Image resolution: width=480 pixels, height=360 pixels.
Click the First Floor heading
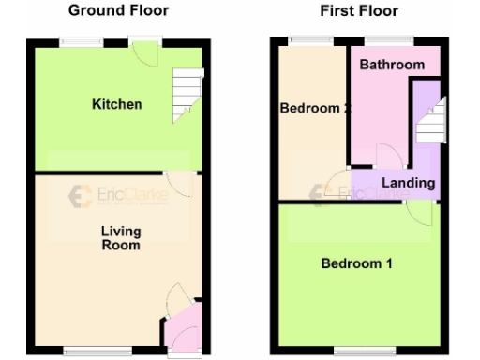(359, 11)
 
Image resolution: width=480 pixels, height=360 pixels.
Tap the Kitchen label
(117, 104)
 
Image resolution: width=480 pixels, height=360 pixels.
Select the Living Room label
(121, 238)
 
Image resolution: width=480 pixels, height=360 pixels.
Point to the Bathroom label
(392, 65)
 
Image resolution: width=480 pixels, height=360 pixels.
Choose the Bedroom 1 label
(357, 263)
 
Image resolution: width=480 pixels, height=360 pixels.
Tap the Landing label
(409, 183)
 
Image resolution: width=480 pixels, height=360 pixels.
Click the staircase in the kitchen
(187, 97)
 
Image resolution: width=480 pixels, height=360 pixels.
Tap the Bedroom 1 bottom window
(357, 352)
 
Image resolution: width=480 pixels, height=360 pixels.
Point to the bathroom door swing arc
(387, 155)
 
